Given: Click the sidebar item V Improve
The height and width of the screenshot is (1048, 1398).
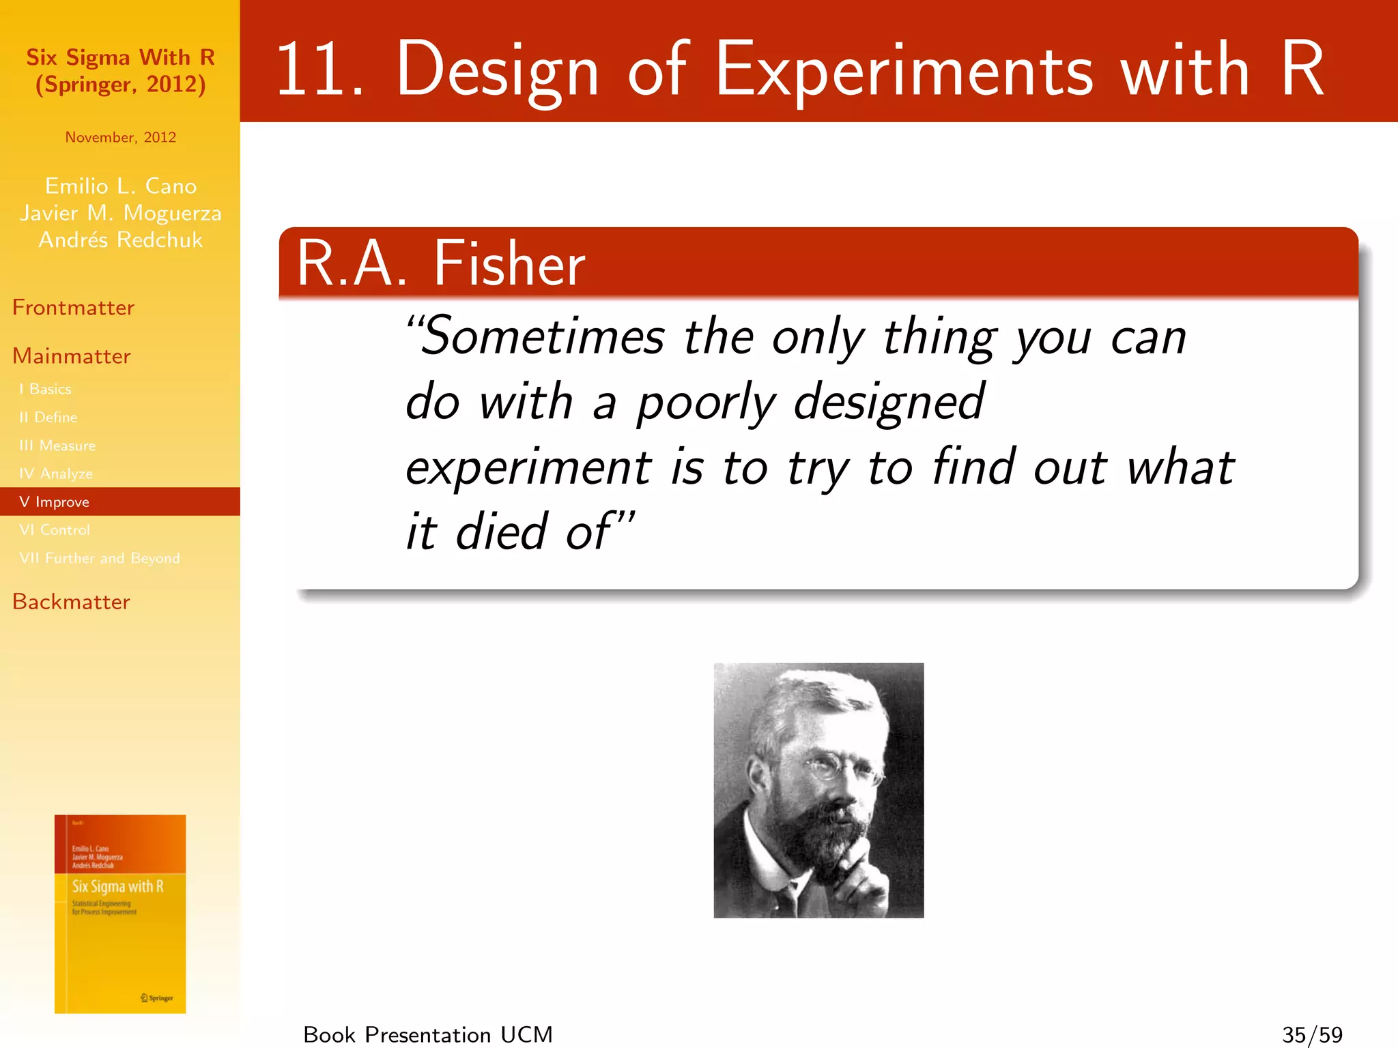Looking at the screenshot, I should (x=55, y=502).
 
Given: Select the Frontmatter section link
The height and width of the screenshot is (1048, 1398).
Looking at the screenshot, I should (x=73, y=308).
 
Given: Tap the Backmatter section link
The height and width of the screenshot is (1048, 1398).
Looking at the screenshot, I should (x=71, y=602).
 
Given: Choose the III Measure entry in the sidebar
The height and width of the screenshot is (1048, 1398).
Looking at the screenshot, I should (x=57, y=446).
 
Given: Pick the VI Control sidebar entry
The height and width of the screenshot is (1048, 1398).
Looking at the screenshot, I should (x=55, y=530).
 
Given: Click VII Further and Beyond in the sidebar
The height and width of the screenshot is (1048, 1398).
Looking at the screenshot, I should (x=100, y=558).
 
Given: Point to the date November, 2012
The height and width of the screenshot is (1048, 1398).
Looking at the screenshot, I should (x=120, y=137).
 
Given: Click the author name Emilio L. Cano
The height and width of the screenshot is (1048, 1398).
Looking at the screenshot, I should (x=120, y=186).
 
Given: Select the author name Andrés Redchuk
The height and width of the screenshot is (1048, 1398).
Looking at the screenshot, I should (x=120, y=239).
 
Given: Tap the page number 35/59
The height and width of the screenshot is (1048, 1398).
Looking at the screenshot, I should (x=1312, y=1034).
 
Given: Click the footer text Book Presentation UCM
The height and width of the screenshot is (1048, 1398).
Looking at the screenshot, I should (x=427, y=1034).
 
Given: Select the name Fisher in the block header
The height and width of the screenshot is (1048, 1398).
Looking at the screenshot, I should (x=509, y=264).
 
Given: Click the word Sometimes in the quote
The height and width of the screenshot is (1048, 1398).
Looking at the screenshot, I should (x=542, y=337).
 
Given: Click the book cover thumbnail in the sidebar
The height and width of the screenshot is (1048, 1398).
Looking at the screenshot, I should (x=120, y=914).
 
